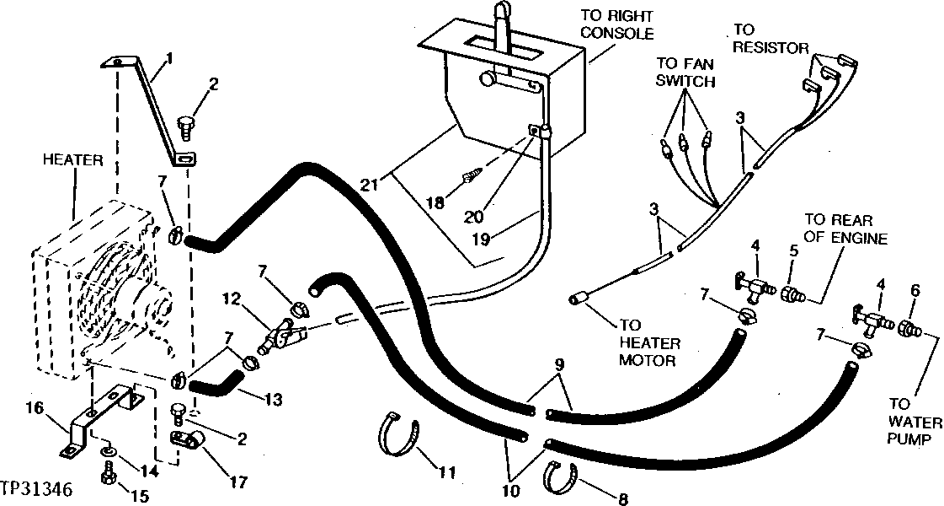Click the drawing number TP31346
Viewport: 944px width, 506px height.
coord(37,489)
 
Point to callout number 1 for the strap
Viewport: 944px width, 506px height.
coord(170,59)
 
